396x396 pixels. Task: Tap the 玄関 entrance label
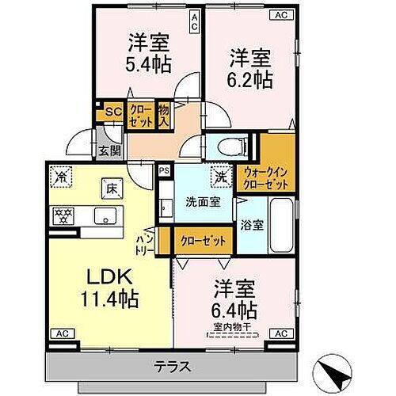(108, 150)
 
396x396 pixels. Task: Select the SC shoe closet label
(112, 112)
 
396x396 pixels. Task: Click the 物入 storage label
(164, 115)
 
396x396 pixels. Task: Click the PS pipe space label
(165, 169)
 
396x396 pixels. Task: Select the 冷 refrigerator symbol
(60, 177)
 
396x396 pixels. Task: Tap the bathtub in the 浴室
(280, 223)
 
